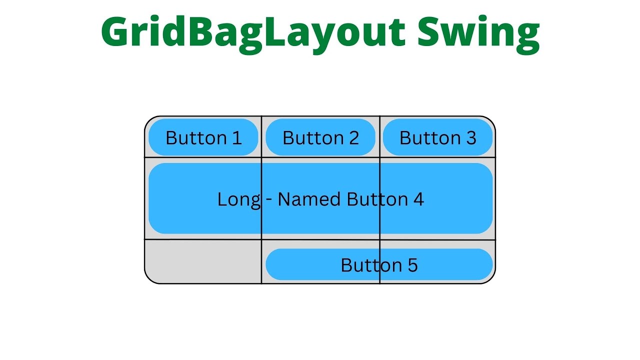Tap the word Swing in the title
pyautogui.click(x=478, y=32)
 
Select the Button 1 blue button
pyautogui.click(x=203, y=137)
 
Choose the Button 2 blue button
pyautogui.click(x=320, y=137)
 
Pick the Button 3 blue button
pyautogui.click(x=437, y=137)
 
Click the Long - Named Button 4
pyautogui.click(x=320, y=198)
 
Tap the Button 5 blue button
pyautogui.click(x=379, y=264)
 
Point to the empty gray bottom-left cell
pyautogui.click(x=203, y=261)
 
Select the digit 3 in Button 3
pyautogui.click(x=471, y=138)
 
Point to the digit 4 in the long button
pyautogui.click(x=418, y=199)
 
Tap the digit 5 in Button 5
pyautogui.click(x=412, y=265)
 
